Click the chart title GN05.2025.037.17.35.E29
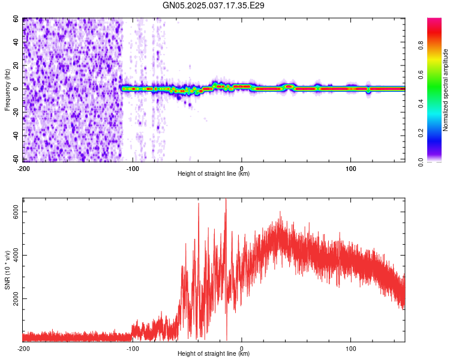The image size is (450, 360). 214,5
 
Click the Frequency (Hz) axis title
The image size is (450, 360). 7,89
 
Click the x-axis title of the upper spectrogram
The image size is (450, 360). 214,173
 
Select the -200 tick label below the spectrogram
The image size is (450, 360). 23,167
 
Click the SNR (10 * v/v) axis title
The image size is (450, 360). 7,269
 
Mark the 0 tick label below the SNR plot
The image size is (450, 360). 241,348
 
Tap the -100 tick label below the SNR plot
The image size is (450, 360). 133,348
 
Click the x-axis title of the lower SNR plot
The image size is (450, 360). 214,354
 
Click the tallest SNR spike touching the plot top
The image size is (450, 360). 226,200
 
